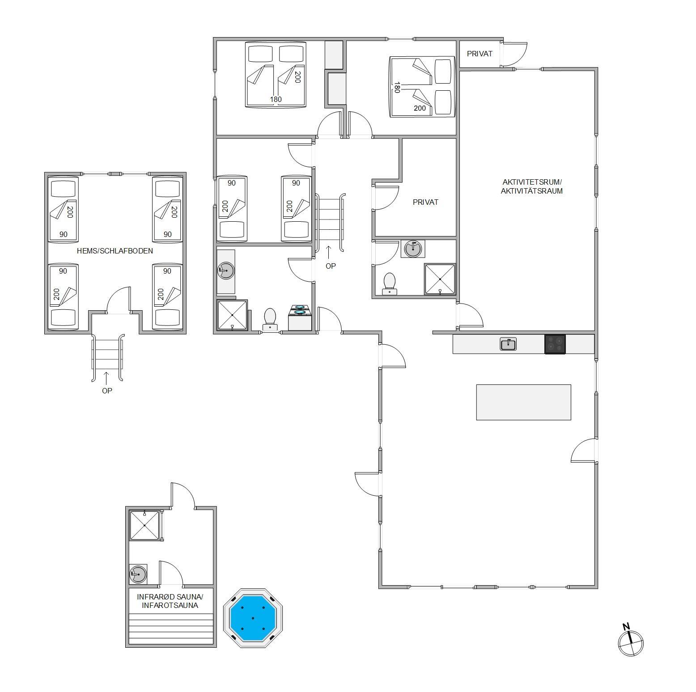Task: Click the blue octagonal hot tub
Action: click(253, 618)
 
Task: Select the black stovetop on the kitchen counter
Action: click(555, 344)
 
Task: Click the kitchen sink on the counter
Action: click(508, 344)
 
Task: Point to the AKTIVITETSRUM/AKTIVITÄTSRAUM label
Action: click(532, 186)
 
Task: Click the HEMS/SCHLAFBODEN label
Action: click(115, 251)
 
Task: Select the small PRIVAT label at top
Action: click(480, 54)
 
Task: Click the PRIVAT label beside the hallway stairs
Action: click(425, 202)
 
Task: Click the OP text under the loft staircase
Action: click(107, 390)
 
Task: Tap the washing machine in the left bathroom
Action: click(300, 317)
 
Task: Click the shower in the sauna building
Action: click(145, 526)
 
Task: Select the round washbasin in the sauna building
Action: click(138, 574)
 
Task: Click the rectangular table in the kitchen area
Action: click(523, 402)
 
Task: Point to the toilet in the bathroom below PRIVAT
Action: click(390, 284)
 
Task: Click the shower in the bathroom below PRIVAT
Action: click(440, 279)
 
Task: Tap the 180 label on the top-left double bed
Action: click(276, 99)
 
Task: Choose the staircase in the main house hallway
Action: click(331, 222)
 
